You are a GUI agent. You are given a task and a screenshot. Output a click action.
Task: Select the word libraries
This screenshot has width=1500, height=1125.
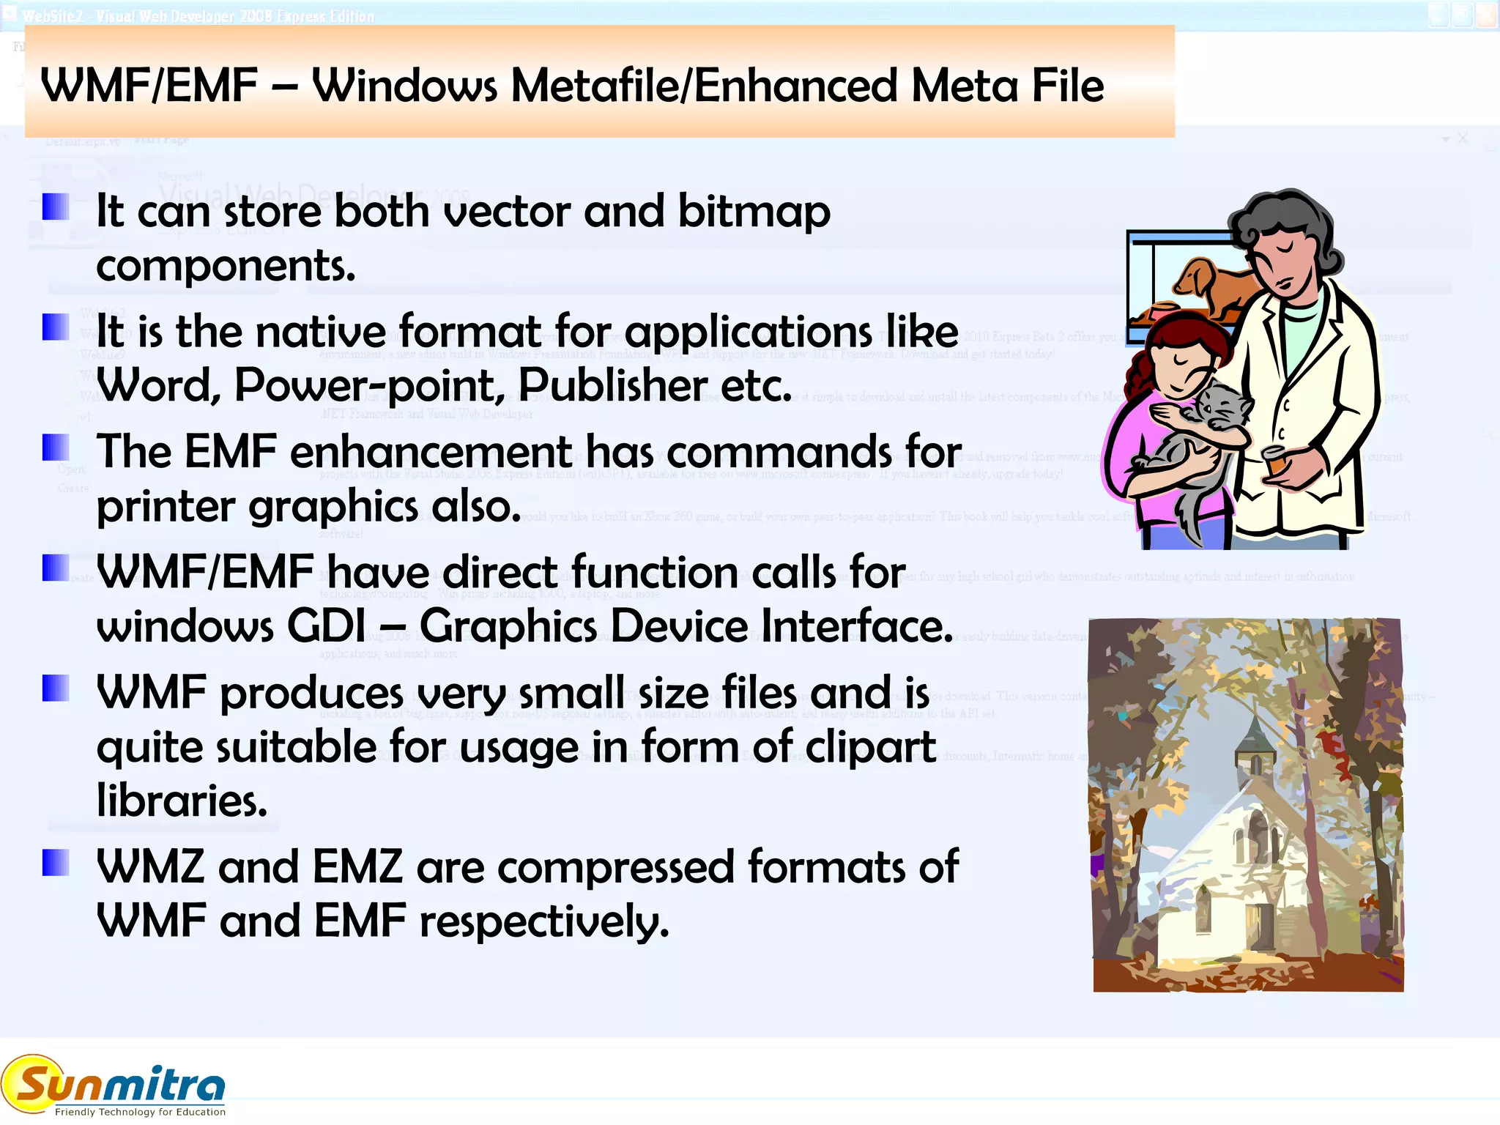[182, 801]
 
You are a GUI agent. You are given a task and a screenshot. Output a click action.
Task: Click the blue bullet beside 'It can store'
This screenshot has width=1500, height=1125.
[56, 207]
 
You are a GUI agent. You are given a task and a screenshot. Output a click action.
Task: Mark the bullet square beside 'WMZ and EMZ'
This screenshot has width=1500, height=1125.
[56, 862]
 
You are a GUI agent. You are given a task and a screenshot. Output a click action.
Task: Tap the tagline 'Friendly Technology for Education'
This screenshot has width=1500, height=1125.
[140, 1112]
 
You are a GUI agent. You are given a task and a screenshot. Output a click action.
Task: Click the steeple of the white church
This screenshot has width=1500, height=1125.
[1255, 732]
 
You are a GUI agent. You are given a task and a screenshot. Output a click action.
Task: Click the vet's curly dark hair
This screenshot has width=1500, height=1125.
[1289, 220]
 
